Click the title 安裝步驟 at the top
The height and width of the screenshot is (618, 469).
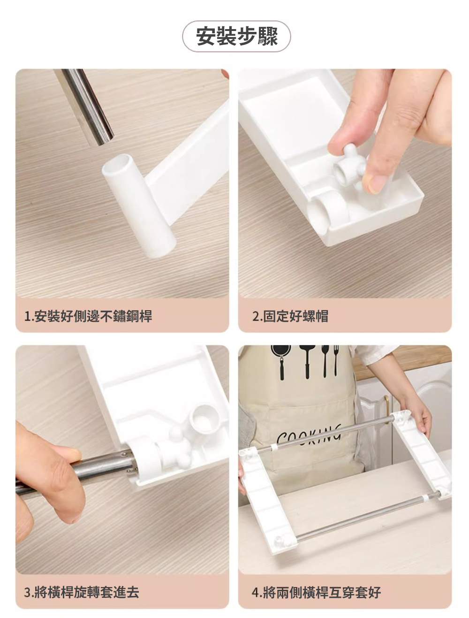pyautogui.click(x=237, y=36)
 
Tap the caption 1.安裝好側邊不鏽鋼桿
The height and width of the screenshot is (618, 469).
pyautogui.click(x=88, y=316)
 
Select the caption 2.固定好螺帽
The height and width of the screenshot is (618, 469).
pyautogui.click(x=290, y=316)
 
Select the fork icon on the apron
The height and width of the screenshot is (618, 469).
pyautogui.click(x=336, y=360)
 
